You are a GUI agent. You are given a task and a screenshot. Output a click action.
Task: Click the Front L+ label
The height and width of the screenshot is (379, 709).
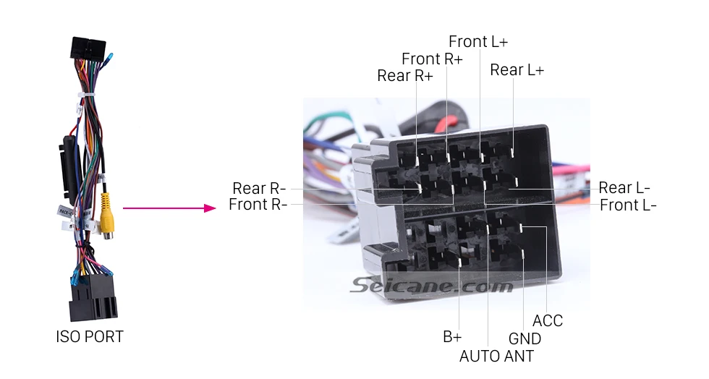(478, 42)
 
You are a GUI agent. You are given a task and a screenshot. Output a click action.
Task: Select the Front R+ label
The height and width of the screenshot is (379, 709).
(432, 59)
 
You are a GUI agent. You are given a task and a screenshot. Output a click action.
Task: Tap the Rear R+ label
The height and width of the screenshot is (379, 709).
(404, 75)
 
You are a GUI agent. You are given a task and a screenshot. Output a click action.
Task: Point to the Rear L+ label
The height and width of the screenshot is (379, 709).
(517, 70)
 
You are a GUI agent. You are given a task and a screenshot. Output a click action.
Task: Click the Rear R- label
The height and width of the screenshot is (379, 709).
(259, 188)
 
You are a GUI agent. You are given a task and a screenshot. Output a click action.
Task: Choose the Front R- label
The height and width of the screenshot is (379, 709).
(258, 205)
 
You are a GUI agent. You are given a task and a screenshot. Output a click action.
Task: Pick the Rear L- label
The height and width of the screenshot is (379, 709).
(624, 187)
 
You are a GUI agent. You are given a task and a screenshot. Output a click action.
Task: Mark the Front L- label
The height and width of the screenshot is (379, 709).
(628, 205)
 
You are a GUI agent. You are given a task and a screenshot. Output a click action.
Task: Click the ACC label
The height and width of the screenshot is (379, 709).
(548, 320)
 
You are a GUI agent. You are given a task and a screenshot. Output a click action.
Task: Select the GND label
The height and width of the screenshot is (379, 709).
(525, 338)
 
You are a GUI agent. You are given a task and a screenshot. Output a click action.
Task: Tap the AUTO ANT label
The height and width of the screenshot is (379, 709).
(496, 357)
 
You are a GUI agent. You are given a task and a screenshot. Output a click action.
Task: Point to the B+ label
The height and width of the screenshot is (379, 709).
(452, 337)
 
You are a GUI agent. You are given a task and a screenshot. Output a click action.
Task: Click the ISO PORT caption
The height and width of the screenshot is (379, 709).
(90, 337)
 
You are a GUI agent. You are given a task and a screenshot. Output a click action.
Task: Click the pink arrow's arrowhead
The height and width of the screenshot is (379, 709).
(209, 208)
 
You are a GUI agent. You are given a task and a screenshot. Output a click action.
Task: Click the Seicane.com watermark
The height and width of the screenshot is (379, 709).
(431, 286)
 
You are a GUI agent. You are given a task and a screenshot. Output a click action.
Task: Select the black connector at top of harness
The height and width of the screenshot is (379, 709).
(88, 48)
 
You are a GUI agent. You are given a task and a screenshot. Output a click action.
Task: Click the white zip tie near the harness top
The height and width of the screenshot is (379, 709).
(87, 95)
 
